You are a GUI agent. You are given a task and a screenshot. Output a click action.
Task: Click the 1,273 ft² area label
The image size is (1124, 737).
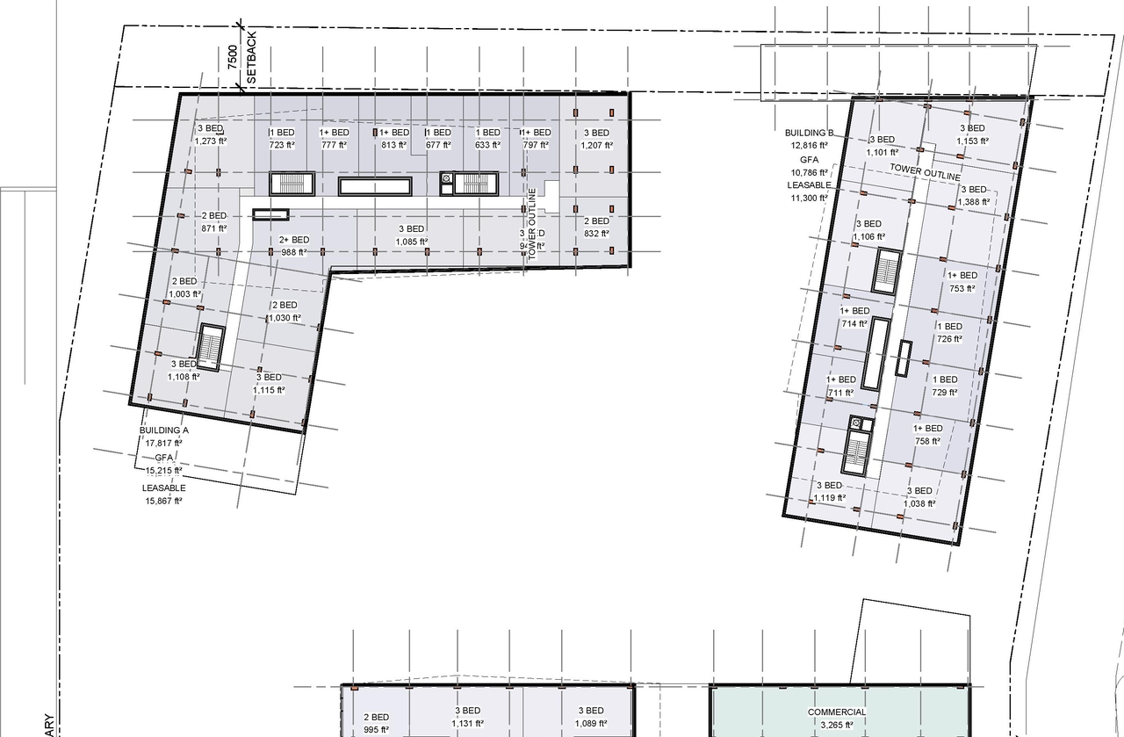click(211, 141)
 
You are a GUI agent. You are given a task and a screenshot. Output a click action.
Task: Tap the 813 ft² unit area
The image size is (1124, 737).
click(393, 145)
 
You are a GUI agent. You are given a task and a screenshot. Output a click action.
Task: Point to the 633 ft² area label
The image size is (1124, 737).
click(487, 145)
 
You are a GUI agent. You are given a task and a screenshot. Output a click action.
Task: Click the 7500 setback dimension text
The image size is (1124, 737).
click(232, 57)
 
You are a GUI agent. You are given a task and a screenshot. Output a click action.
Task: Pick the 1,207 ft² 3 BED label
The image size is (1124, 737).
click(595, 139)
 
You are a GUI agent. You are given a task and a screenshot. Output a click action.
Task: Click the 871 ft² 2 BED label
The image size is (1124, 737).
click(214, 221)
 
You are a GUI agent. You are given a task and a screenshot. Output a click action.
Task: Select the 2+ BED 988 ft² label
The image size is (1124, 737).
click(294, 246)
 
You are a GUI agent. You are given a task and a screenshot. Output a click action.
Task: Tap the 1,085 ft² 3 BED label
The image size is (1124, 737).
click(411, 235)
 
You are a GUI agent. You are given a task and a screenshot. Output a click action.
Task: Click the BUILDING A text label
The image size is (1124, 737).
click(164, 430)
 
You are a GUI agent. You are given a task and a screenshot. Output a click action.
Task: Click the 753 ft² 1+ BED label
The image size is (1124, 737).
click(962, 281)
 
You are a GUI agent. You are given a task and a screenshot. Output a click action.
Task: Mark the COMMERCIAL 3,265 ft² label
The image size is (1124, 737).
click(837, 719)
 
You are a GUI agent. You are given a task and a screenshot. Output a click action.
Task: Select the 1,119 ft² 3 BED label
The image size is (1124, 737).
click(830, 492)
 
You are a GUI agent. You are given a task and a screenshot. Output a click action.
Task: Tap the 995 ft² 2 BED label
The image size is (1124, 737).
click(376, 724)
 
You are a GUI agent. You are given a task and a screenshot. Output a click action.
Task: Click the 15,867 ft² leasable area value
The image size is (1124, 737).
click(164, 501)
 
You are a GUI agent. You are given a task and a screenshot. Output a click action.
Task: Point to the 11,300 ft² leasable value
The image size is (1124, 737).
click(809, 199)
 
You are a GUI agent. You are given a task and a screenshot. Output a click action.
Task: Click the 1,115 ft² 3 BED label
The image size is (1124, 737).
click(269, 384)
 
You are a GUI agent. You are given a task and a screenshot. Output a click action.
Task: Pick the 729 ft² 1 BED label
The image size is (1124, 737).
click(945, 387)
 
